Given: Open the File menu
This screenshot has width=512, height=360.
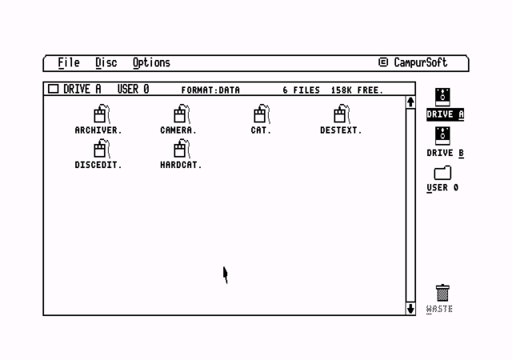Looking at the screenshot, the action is [x=69, y=62].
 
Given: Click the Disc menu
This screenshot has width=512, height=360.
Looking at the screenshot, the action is [x=106, y=62].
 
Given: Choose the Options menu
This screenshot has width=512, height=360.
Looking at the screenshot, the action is [x=151, y=63].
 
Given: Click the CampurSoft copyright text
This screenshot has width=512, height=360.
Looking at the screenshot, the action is [x=413, y=62].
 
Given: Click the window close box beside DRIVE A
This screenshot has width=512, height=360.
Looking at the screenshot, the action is [x=54, y=89].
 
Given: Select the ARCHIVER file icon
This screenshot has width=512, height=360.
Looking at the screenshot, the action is [x=102, y=114].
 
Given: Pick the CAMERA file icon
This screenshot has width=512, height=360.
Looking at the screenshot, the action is [x=182, y=114].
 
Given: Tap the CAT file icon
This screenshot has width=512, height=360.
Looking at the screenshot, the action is [x=262, y=114].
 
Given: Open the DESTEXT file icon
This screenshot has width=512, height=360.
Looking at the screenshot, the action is [x=342, y=114].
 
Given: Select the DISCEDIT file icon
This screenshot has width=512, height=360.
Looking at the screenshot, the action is [x=102, y=148].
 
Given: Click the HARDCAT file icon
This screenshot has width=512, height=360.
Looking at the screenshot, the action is [x=182, y=148].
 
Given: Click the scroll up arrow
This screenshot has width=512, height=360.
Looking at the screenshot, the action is [x=410, y=102].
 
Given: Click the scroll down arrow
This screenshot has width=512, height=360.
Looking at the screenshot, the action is [x=410, y=309].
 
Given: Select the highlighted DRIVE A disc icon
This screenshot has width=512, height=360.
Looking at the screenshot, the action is [x=442, y=97].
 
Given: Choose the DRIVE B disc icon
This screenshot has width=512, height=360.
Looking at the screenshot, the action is [x=442, y=136].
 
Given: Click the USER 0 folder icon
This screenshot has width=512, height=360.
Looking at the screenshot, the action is [x=442, y=173].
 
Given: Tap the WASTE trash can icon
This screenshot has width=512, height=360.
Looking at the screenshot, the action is [x=442, y=293].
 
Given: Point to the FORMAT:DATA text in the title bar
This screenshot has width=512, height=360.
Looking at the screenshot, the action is [x=210, y=90].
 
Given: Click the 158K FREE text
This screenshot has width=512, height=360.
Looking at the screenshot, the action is [x=357, y=90].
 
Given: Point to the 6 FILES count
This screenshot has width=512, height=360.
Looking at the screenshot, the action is [x=301, y=90].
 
